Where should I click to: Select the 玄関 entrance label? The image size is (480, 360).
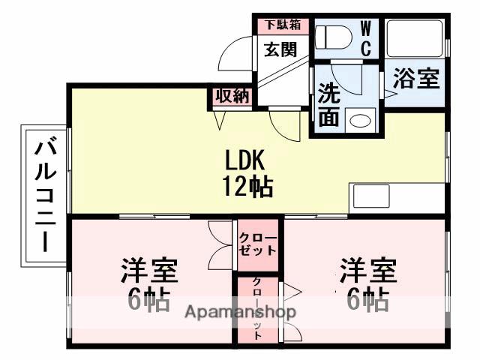[279, 49]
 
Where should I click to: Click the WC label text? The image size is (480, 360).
[366, 37]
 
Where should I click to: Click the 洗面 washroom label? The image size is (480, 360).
[328, 104]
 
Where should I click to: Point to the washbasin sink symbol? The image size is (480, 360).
[362, 120]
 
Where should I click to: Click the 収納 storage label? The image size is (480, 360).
[231, 97]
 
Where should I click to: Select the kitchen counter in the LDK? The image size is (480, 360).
[397, 197]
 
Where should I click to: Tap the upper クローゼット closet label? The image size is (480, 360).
[258, 243]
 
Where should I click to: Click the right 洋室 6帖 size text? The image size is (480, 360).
[367, 299]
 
